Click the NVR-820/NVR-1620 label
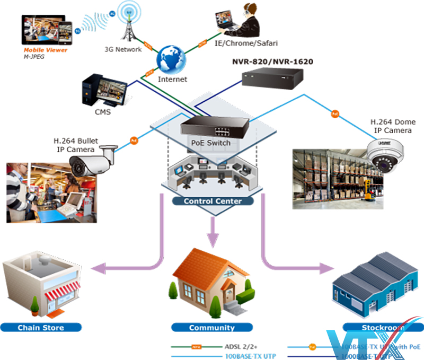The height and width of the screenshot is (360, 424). tap(272, 62)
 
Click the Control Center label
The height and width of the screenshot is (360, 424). tap(212, 201)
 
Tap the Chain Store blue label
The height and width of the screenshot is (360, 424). tap(41, 327)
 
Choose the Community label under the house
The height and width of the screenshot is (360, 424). tap(211, 327)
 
